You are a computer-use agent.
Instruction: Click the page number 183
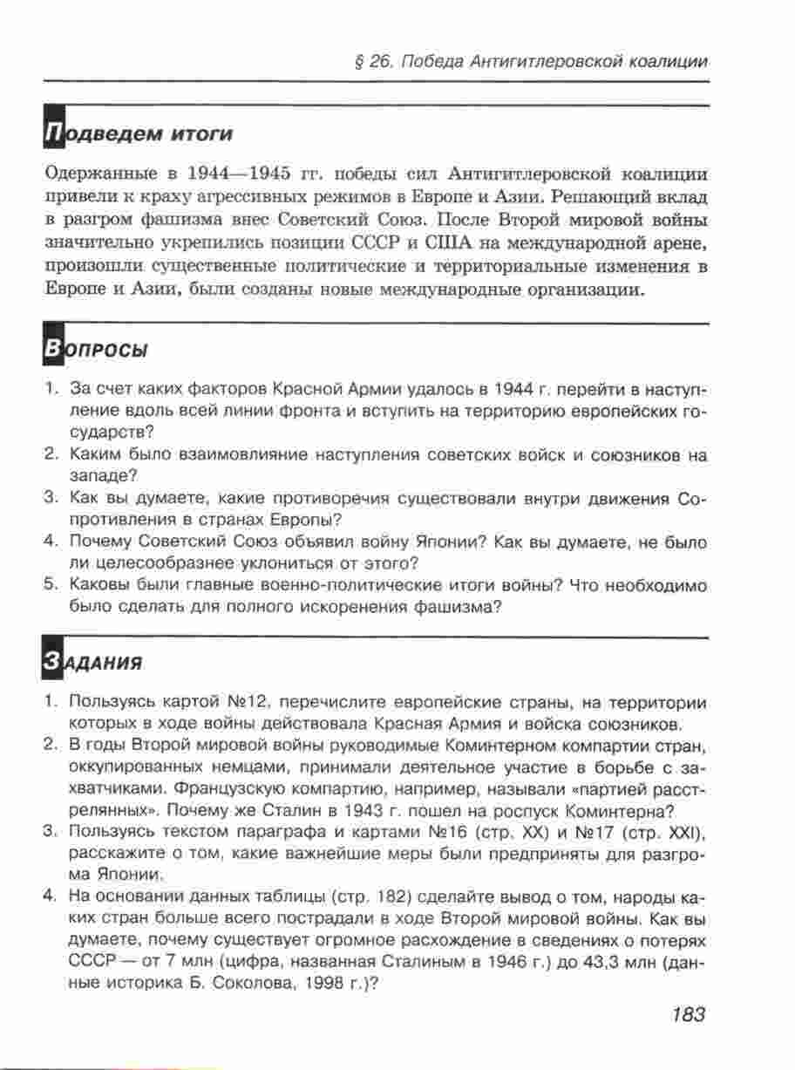[x=688, y=1015]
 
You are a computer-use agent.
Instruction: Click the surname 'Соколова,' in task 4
[x=235, y=982]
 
